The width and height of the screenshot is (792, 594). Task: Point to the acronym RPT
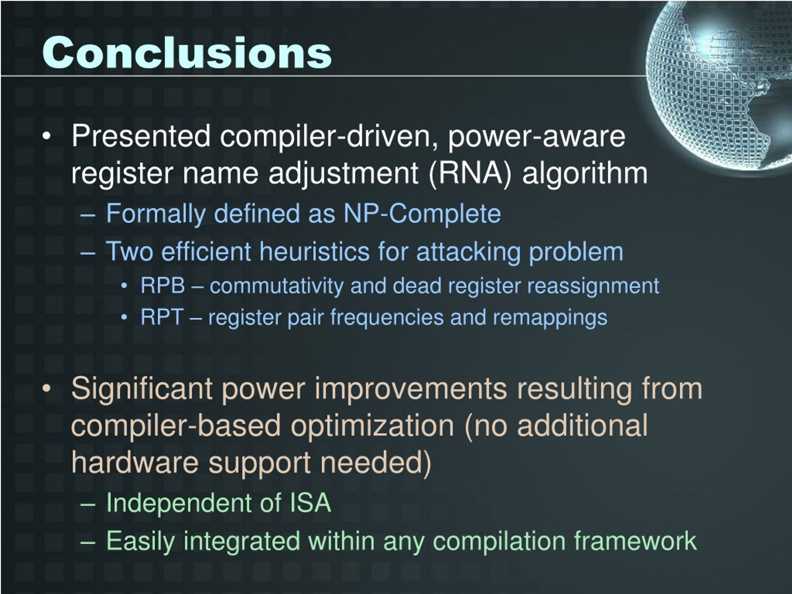click(x=162, y=317)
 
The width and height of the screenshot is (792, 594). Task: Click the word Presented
click(x=141, y=136)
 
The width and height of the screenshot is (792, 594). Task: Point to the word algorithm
click(x=585, y=173)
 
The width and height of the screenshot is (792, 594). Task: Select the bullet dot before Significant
click(x=46, y=389)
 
